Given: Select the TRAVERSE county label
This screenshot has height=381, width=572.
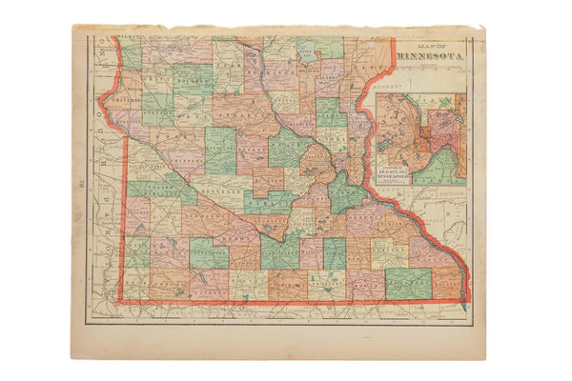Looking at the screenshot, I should (123, 97).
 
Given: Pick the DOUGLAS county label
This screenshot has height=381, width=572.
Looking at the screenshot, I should (192, 82).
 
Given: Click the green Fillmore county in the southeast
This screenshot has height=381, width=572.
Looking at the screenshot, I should (408, 280).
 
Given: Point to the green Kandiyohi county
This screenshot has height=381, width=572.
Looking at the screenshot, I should (219, 152).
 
